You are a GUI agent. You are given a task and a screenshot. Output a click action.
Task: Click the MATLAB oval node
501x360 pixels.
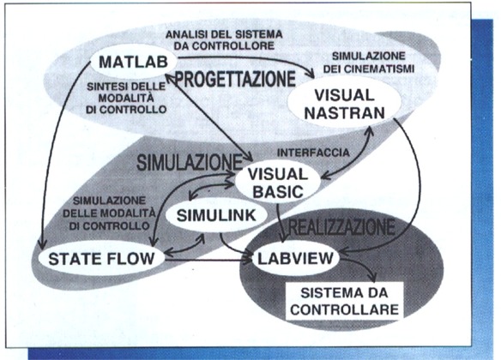pos(134,62)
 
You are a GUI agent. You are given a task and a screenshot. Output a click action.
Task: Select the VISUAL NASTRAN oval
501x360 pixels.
pos(345,104)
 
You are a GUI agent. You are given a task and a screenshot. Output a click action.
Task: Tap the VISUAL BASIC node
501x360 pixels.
pos(278,183)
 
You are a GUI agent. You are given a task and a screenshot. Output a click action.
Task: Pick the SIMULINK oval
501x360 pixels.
pos(216,215)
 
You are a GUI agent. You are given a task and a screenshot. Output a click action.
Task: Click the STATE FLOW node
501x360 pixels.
pos(101,259)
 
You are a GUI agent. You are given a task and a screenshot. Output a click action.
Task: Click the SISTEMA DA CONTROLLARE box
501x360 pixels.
pos(345,301)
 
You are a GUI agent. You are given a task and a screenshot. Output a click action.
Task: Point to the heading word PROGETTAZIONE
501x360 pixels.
pos(235,79)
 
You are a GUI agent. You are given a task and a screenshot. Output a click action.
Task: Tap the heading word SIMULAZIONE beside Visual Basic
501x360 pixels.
pos(190,163)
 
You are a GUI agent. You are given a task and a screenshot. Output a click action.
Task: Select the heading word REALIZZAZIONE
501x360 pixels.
pos(341,227)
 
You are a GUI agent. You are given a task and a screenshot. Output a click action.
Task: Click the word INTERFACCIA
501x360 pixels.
pos(313,153)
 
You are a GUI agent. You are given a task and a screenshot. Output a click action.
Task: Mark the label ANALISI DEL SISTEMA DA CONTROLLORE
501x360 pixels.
pos(224,40)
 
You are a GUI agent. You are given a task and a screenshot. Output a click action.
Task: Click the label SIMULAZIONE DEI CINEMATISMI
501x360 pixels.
pos(369,63)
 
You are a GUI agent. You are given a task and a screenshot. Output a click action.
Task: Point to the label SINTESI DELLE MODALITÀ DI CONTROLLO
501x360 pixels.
pos(126,98)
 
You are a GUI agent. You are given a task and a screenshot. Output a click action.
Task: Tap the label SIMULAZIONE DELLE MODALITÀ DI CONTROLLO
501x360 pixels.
pos(109,213)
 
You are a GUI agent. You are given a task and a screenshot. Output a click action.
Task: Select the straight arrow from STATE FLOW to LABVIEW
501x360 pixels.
pos(208,261)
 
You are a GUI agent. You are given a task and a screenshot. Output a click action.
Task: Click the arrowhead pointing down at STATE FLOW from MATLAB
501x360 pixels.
pos(41,245)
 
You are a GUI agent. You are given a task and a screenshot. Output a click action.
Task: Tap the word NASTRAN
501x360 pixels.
pos(345,113)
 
